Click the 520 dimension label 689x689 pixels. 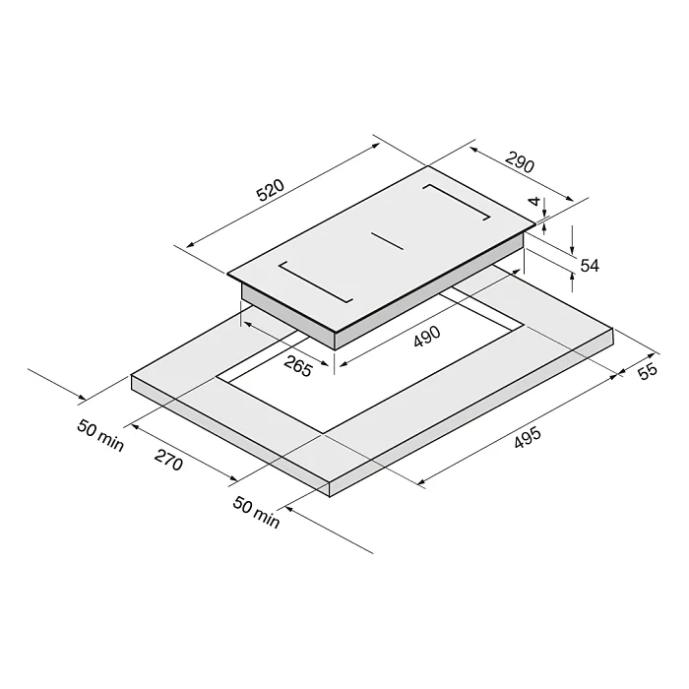pos(271,190)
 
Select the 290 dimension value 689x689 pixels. pos(520,162)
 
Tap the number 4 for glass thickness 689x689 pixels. pos(534,201)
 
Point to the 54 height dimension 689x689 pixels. pos(590,266)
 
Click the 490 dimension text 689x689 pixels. pos(426,337)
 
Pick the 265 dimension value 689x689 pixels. pos(298,365)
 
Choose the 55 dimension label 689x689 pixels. pos(648,371)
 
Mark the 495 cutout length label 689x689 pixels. pos(528,438)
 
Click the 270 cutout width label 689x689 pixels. pos(168,460)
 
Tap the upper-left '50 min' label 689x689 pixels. pos(100,435)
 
